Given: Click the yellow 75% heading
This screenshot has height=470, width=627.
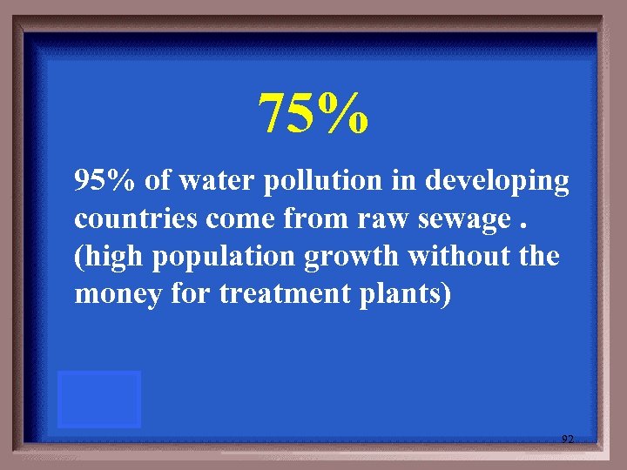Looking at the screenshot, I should (314, 114).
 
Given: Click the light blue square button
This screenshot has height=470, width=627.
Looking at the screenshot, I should (99, 399).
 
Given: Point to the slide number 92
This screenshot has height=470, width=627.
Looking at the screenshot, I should (567, 440).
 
